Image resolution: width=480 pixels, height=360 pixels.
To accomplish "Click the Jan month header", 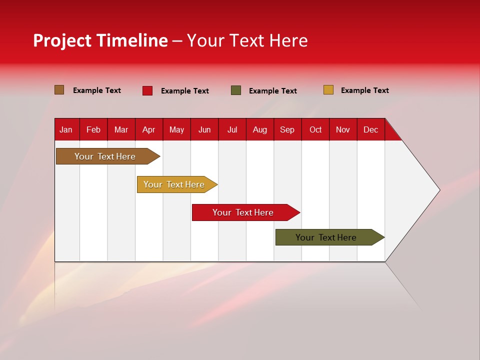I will [66, 130].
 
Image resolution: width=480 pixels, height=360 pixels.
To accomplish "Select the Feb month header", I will [93, 130].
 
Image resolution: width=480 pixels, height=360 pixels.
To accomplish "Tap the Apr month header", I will [149, 130].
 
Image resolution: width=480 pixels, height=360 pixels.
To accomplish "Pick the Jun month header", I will [204, 130].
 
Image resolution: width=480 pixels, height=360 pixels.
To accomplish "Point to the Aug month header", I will [260, 130].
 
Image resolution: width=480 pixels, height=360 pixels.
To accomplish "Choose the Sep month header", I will [287, 130].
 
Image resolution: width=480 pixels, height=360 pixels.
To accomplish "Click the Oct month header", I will [315, 130].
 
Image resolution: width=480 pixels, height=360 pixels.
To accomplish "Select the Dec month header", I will [371, 130].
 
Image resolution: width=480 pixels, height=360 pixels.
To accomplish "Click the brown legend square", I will [59, 90].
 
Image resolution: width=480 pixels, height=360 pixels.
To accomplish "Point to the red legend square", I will [147, 90].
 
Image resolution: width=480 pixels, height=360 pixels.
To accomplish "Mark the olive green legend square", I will [236, 90].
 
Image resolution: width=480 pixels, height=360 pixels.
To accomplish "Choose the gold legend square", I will [328, 90].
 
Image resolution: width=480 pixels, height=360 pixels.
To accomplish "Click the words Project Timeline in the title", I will [100, 40].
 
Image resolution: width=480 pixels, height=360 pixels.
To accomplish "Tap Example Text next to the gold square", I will [365, 90].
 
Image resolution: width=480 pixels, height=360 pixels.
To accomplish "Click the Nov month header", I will [343, 130].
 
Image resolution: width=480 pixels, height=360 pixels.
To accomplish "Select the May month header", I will [176, 130].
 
